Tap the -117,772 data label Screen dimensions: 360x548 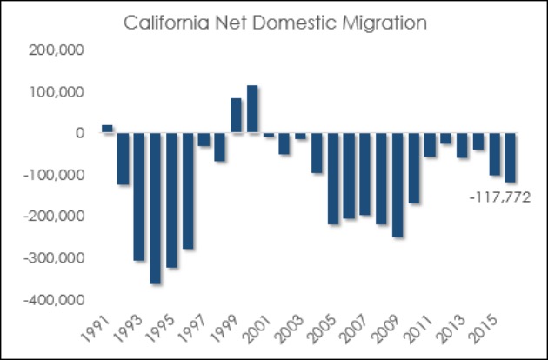pos(498,198)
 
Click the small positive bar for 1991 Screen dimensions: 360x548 pos(107,129)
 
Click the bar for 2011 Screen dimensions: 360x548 pos(429,144)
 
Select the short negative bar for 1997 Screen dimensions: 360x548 pos(204,139)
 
